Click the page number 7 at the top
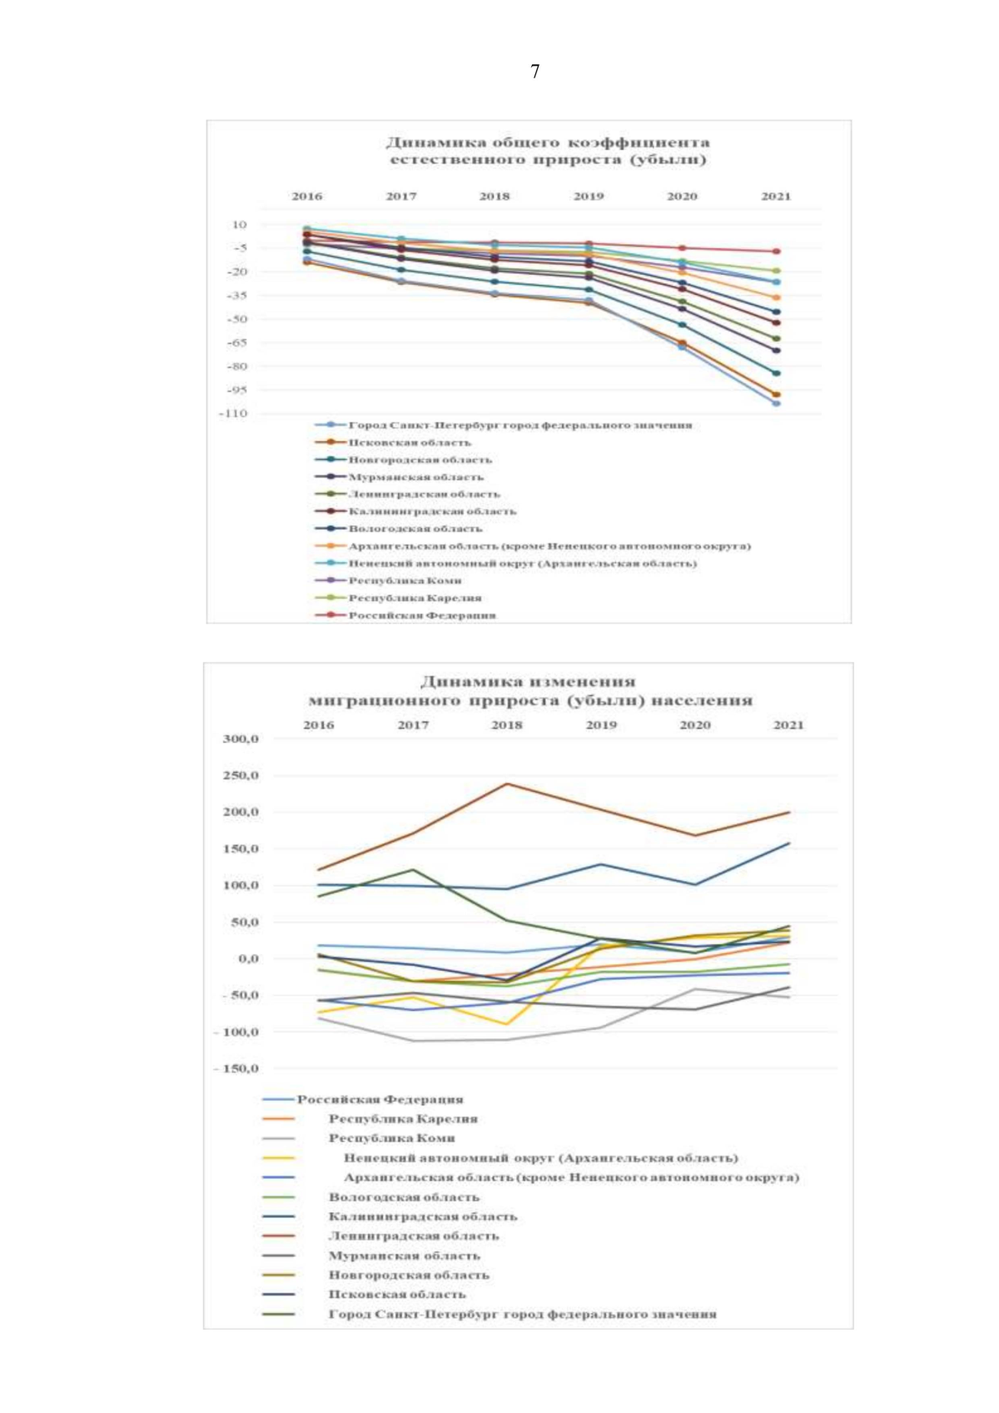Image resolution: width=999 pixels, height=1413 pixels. coord(534,72)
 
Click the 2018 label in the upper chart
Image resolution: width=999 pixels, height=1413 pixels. coord(495,197)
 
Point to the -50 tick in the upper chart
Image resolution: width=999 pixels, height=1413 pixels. coord(236,319)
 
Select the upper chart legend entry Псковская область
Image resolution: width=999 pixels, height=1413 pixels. coord(409,442)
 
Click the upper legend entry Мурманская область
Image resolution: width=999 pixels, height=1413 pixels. coord(415,477)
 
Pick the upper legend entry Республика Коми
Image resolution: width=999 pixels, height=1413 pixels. coord(405,580)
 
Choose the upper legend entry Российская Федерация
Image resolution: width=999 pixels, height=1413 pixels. coord(422,615)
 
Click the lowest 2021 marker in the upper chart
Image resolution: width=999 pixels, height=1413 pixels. coord(777,404)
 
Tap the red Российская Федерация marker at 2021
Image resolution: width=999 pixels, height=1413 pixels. coord(777,251)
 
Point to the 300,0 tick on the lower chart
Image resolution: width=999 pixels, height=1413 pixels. coord(241,739)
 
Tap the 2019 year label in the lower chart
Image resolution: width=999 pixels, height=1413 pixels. coord(601,725)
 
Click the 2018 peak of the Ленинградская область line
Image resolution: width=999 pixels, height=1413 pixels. coord(507,784)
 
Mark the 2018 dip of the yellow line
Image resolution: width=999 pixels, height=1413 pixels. coord(507,1024)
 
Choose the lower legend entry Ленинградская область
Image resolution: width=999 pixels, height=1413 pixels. coord(414,1236)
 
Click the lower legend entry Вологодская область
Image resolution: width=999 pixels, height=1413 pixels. coord(404,1197)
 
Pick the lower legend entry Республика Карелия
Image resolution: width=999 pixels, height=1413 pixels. coord(403,1119)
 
